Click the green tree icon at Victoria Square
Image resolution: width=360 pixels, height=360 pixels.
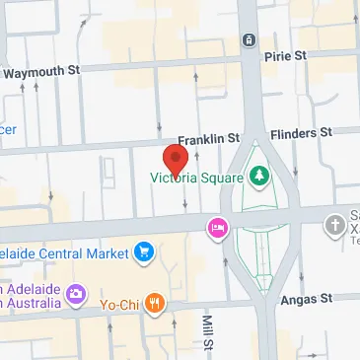click(x=260, y=177)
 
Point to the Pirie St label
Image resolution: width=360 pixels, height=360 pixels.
click(x=287, y=57)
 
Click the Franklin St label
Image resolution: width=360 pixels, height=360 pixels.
click(x=208, y=140)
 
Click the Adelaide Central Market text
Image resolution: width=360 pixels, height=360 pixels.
click(x=65, y=253)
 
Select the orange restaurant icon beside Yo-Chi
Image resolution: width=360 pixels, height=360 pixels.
click(x=153, y=305)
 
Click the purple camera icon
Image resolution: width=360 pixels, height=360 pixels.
click(x=80, y=294)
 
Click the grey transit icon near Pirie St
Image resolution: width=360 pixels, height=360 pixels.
click(x=248, y=39)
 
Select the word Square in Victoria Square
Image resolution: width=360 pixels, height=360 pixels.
click(x=219, y=178)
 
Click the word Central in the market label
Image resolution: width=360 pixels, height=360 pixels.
click(x=63, y=253)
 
